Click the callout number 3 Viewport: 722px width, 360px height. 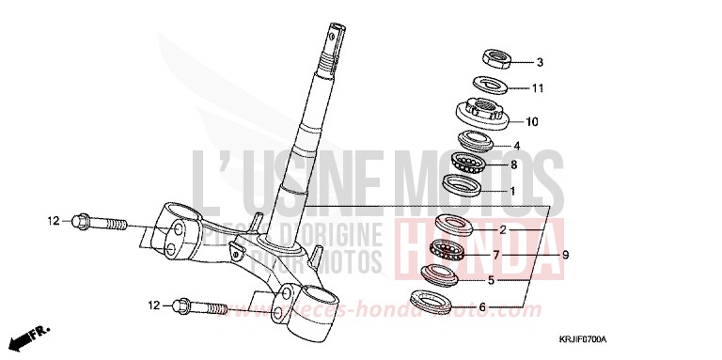coord(540,64)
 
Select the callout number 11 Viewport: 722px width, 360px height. coord(539,89)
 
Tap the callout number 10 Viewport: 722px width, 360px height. coord(531,121)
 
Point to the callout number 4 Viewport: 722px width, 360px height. coord(516,146)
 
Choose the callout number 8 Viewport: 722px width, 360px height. coord(513,165)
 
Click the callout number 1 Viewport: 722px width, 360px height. coord(512,191)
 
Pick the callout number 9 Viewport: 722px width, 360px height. coord(566,255)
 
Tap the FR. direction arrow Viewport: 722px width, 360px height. coord(28,335)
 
